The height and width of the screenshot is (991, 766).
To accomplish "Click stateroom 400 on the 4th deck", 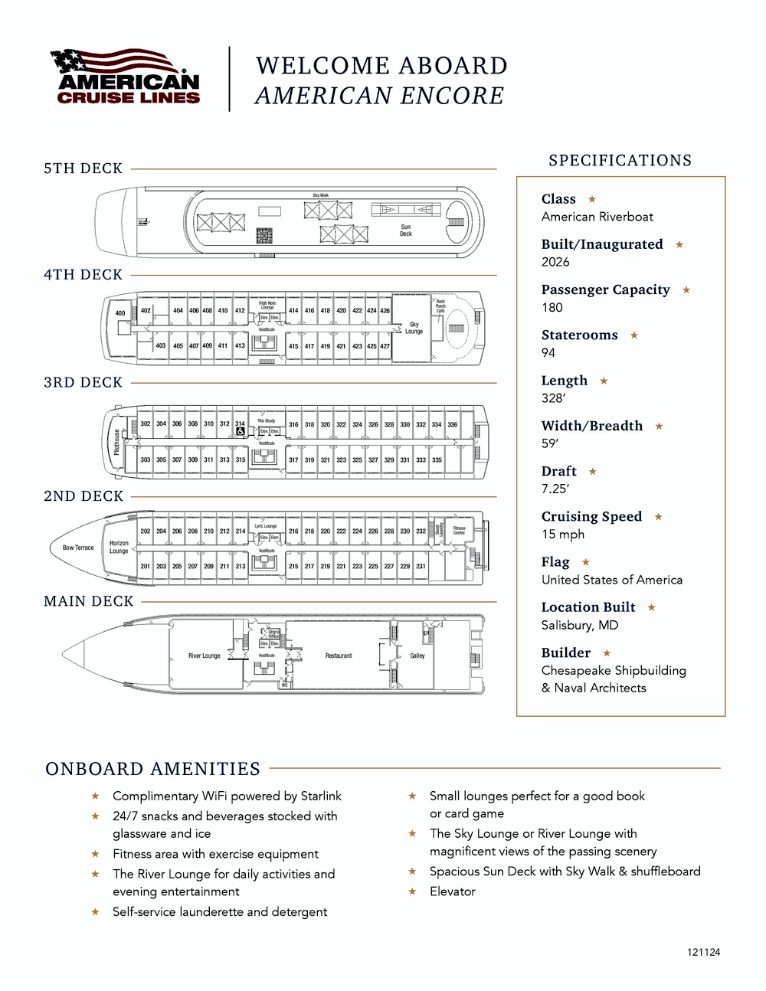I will click(120, 313).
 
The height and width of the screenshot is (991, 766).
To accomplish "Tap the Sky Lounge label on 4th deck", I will click(414, 328).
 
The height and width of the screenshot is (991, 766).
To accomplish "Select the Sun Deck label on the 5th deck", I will click(406, 230).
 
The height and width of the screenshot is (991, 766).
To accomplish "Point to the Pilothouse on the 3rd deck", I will click(117, 442).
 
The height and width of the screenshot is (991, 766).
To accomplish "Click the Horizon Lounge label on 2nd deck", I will click(119, 547).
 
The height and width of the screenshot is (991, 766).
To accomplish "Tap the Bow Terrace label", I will click(78, 548).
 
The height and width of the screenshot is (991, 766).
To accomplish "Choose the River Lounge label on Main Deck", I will click(204, 656).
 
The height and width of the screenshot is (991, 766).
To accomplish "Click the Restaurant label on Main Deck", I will click(339, 656).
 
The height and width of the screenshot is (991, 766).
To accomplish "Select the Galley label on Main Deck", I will click(417, 656).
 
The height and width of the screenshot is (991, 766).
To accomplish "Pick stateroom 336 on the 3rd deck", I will click(453, 424).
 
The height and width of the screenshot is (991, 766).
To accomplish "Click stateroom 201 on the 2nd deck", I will click(146, 566).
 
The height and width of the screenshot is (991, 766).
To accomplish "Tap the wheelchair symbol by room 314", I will click(241, 432).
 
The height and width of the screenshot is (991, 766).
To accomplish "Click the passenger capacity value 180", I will click(552, 307).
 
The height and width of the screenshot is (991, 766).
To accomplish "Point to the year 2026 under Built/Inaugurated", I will click(555, 262).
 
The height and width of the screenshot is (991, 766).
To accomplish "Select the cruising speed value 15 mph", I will click(563, 534).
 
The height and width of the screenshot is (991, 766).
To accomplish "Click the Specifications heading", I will click(620, 160).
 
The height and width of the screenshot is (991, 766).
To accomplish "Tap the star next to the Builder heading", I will click(607, 653).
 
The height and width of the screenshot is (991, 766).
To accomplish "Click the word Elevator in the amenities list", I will click(453, 891).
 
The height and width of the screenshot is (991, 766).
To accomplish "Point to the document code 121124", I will click(703, 952).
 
